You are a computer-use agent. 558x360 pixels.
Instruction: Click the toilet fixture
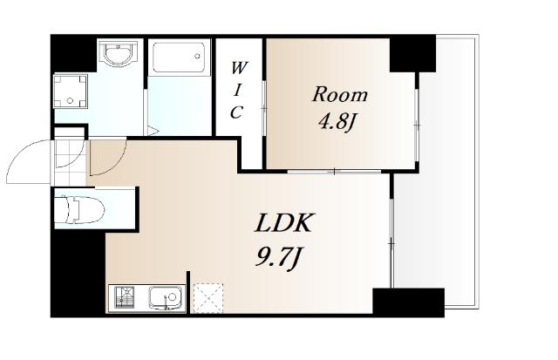tap(80, 209)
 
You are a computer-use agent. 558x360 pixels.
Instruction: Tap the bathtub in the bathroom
tap(179, 58)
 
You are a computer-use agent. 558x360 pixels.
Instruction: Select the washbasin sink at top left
tap(119, 54)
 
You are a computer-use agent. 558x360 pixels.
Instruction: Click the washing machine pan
tap(70, 91)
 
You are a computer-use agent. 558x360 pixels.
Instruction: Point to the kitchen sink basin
tap(165, 298)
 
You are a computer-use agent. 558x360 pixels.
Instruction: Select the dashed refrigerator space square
tap(208, 298)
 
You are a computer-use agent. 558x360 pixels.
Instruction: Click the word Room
tap(340, 95)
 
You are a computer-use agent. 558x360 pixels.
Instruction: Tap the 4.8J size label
tap(337, 123)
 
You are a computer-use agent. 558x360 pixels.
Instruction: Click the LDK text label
tap(283, 223)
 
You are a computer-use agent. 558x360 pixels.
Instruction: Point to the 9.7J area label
tap(278, 257)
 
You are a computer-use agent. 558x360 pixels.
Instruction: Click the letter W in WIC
tap(238, 68)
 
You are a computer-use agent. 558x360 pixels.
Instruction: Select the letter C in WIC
tap(236, 112)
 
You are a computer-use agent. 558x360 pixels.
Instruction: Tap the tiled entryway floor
tap(70, 163)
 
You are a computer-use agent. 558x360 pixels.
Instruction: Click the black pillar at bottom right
tap(408, 302)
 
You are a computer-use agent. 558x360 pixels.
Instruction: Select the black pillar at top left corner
tap(73, 53)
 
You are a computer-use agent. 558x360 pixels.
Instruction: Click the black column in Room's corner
tap(412, 54)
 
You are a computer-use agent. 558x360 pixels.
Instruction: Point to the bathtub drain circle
tap(197, 56)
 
